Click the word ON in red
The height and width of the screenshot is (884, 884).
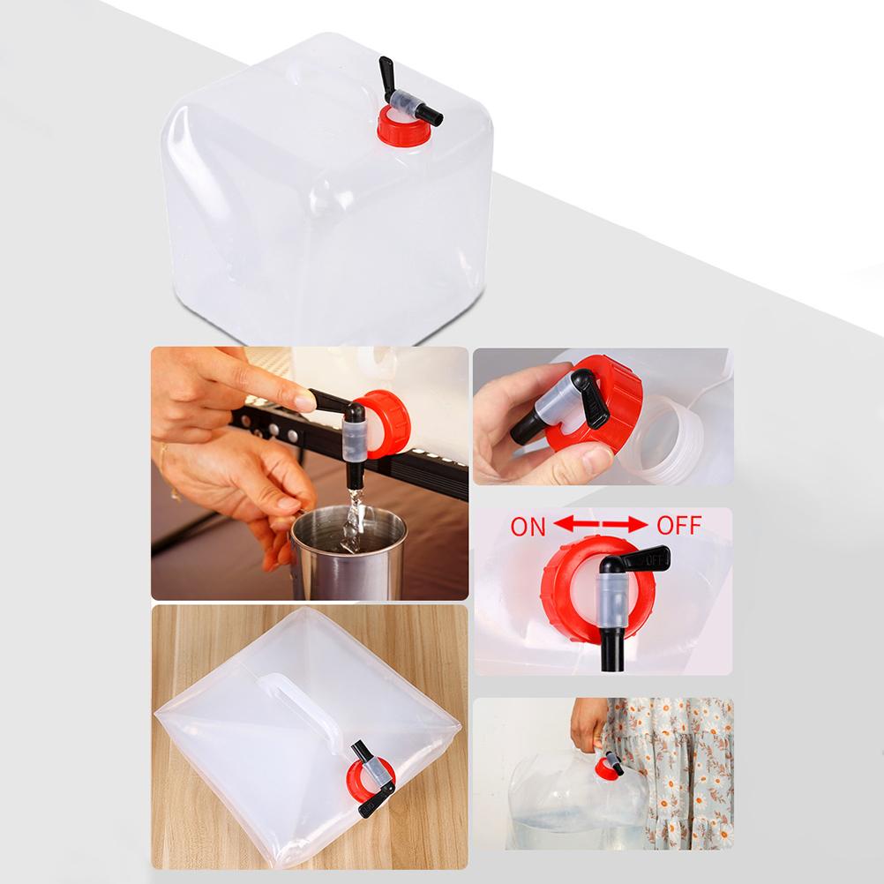(x=528, y=528)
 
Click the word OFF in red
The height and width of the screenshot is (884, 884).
(x=678, y=527)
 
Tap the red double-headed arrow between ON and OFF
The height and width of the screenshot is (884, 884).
(x=603, y=527)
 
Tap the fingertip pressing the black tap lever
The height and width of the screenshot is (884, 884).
(x=303, y=401)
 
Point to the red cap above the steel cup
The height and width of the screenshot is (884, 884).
(x=386, y=423)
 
